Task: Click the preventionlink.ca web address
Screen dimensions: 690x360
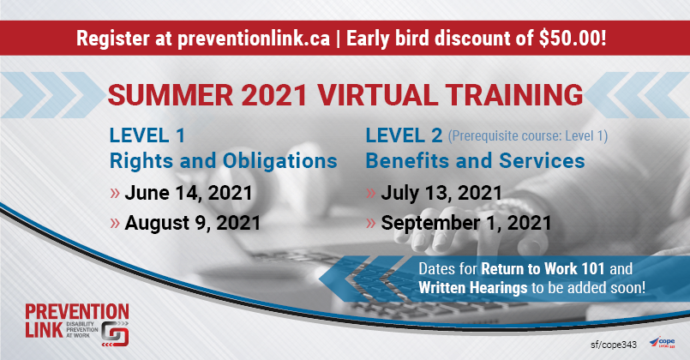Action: (254, 39)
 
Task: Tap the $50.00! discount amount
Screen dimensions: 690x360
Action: (573, 39)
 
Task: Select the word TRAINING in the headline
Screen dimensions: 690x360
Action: (513, 95)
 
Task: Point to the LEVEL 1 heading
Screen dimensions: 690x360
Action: (147, 135)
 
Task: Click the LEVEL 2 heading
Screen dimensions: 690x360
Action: (404, 135)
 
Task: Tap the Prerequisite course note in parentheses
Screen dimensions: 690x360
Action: (528, 136)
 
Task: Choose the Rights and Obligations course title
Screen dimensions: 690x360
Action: (223, 160)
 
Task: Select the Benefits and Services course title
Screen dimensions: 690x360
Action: (475, 160)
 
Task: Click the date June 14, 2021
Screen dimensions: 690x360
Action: (189, 193)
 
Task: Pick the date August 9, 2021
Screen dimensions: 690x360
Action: (192, 223)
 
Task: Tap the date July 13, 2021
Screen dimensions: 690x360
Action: (441, 193)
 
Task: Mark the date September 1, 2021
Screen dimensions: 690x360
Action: (466, 223)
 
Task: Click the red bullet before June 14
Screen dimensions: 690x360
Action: (115, 193)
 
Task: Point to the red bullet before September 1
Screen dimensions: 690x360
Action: (371, 223)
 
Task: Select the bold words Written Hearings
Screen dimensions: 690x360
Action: (472, 288)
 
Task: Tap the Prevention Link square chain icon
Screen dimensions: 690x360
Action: (115, 334)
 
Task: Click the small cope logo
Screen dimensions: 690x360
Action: (663, 342)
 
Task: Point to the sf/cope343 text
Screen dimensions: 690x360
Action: (614, 345)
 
